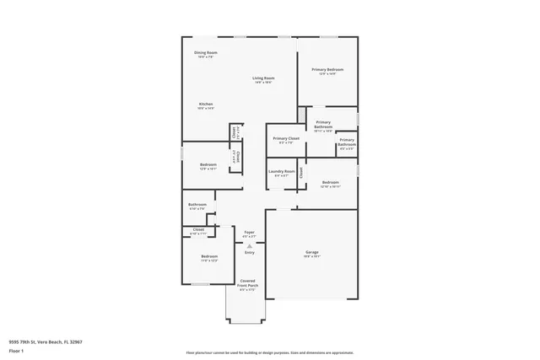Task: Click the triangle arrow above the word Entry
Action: pyautogui.click(x=249, y=245)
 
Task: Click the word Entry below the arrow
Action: pyautogui.click(x=249, y=252)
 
